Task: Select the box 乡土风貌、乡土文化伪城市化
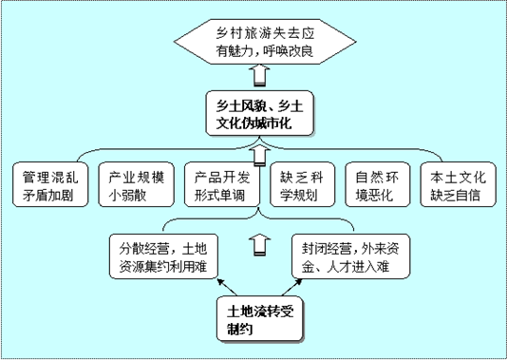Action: point(253,114)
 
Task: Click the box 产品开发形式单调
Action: point(221,187)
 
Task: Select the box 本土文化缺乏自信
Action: point(455,187)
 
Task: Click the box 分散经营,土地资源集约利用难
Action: point(161,256)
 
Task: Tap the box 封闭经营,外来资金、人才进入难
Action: point(347,256)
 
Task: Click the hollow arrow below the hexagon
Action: point(255,75)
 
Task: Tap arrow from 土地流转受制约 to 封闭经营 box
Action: point(289,288)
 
